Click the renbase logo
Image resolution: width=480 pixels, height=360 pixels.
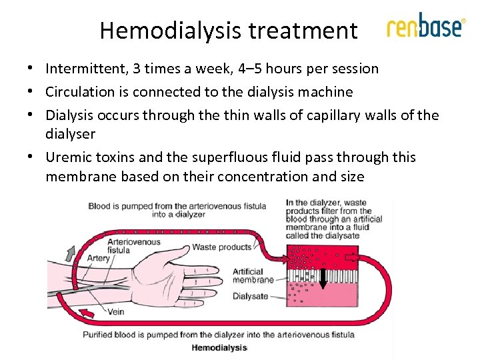[425, 27]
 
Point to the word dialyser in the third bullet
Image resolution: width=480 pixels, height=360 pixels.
[70, 133]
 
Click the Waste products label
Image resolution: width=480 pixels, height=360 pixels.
[221, 247]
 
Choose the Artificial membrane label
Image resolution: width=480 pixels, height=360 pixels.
[248, 276]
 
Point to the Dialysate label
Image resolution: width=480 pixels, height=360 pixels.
[250, 296]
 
